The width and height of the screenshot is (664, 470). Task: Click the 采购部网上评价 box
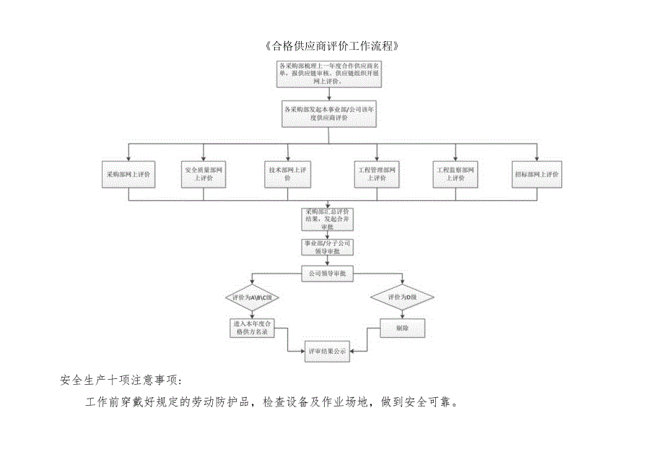[x=128, y=174]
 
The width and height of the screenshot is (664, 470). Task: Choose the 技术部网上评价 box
[x=287, y=174]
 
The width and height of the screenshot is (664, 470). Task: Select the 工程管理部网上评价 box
[x=376, y=174]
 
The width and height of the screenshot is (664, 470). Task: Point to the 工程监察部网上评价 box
[x=455, y=174]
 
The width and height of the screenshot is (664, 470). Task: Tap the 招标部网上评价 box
[x=538, y=174]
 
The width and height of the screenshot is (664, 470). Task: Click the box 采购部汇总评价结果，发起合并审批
[x=328, y=219]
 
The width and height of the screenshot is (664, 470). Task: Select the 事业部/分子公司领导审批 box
[x=327, y=248]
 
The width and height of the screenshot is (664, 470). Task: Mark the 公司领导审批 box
[x=327, y=274]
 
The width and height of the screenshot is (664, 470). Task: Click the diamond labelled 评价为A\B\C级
[x=250, y=297]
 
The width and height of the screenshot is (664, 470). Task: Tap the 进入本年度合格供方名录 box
[x=250, y=328]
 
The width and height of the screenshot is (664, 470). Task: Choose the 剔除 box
[x=402, y=328]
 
